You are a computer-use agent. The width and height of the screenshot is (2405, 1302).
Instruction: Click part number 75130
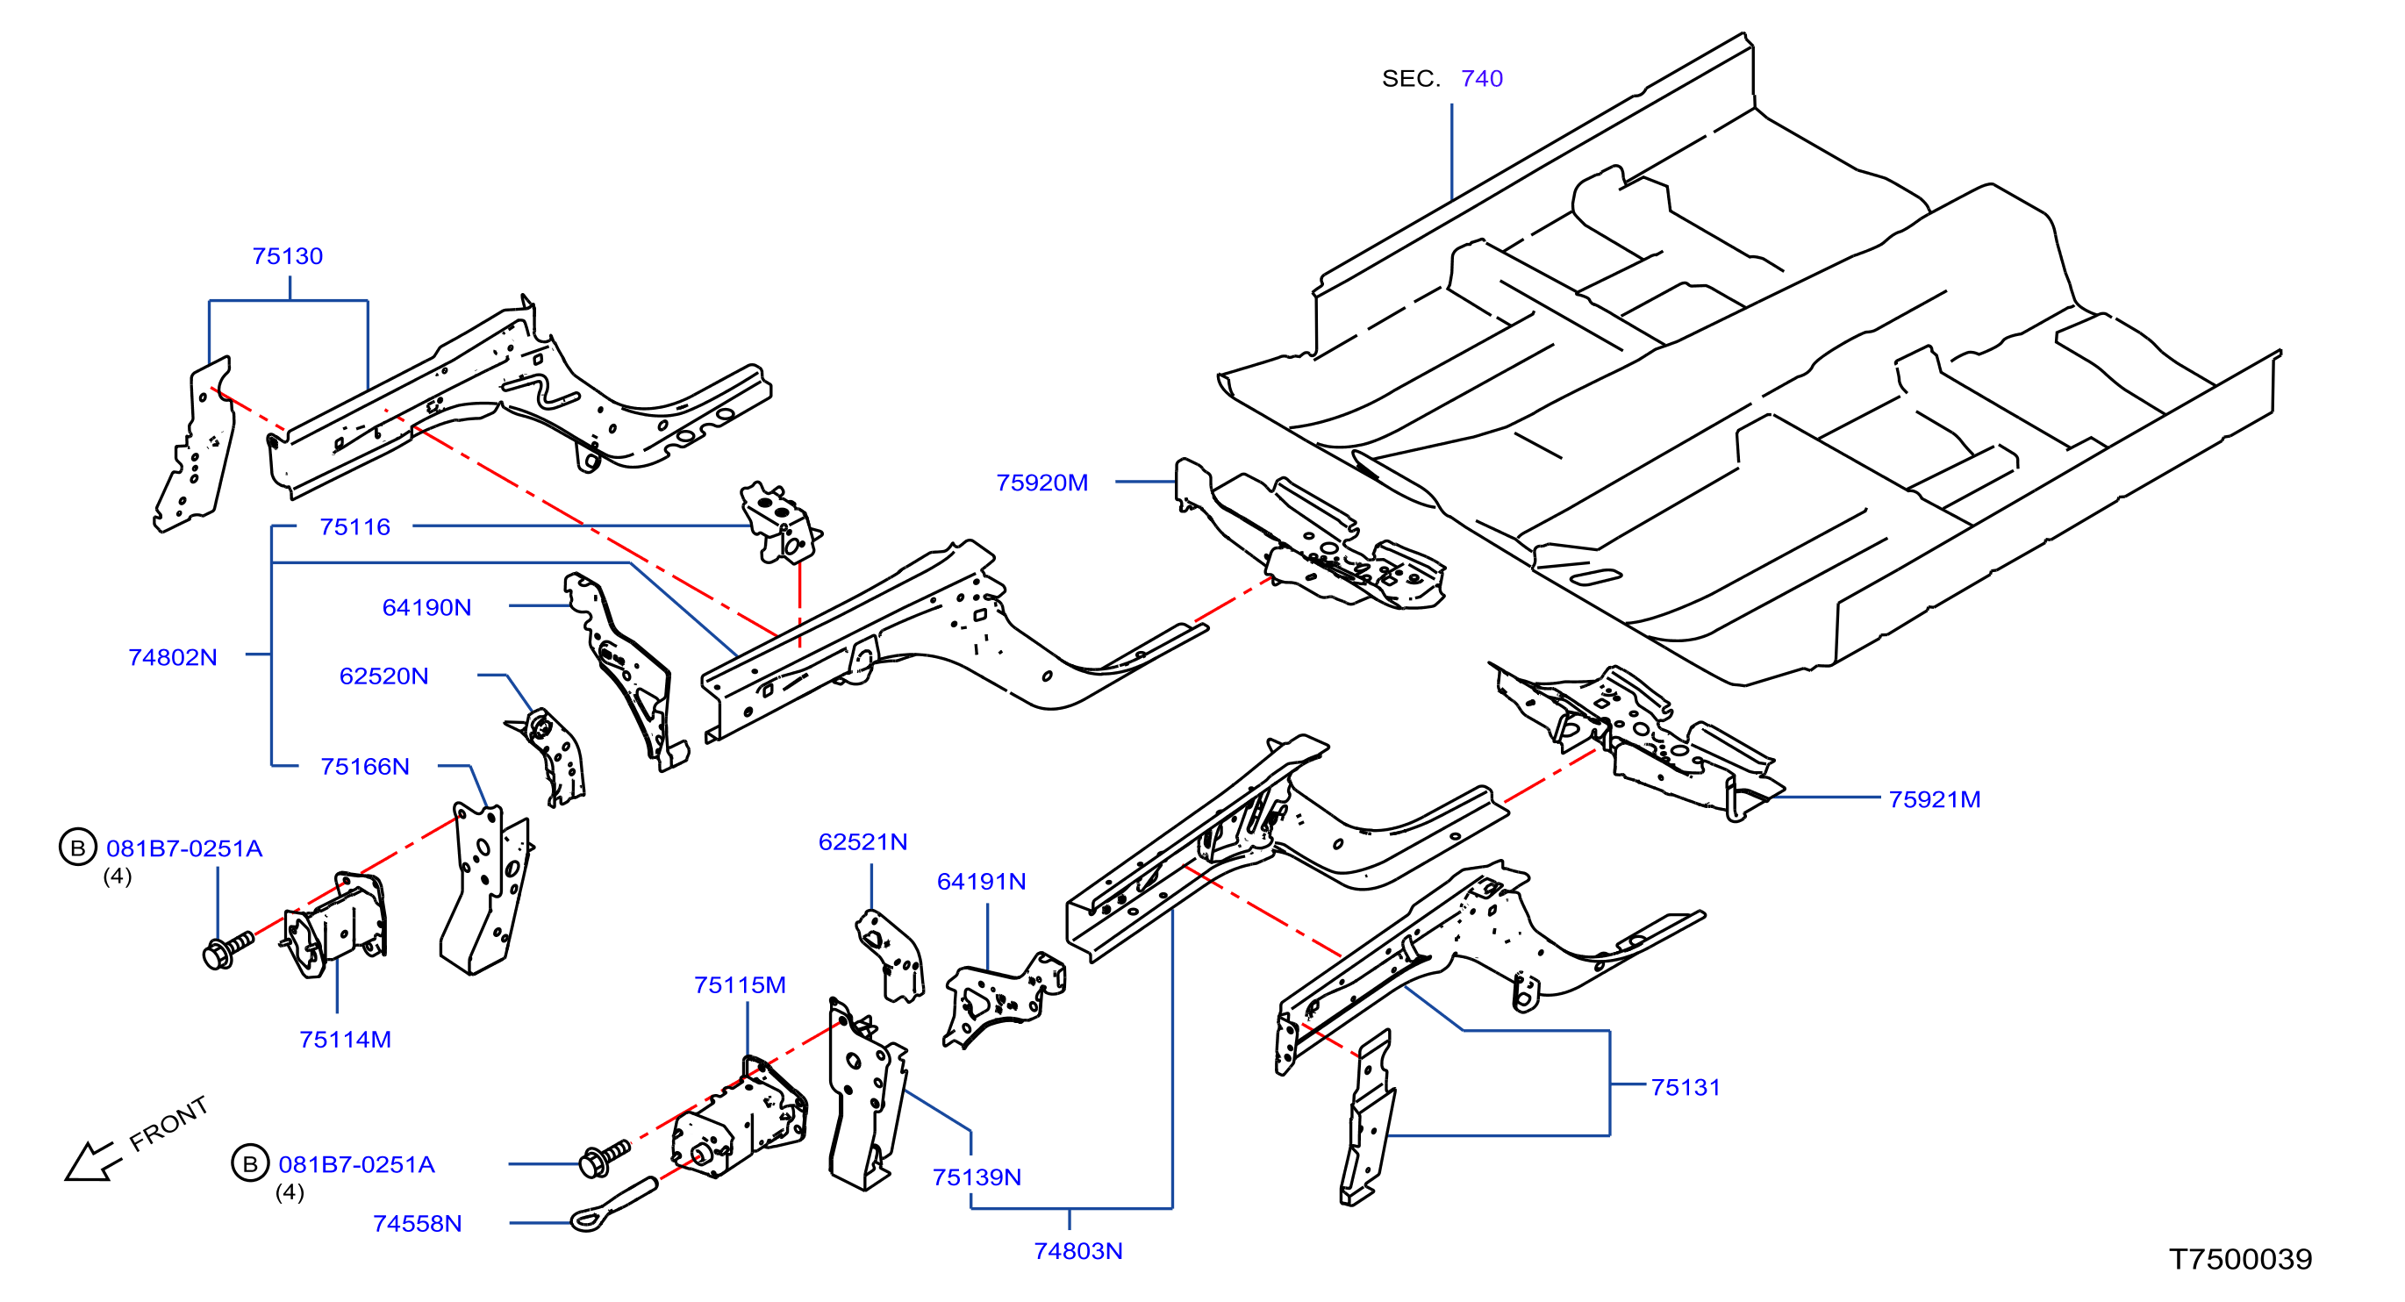pyautogui.click(x=288, y=255)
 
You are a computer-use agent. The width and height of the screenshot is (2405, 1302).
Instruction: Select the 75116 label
pyautogui.click(x=354, y=526)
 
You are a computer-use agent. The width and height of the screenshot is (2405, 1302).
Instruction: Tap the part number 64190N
pyautogui.click(x=426, y=608)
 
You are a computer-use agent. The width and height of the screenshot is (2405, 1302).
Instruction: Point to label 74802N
pyautogui.click(x=173, y=657)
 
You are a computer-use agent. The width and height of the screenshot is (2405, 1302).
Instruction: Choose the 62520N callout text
pyautogui.click(x=383, y=676)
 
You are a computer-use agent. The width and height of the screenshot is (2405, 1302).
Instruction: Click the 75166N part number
pyautogui.click(x=365, y=766)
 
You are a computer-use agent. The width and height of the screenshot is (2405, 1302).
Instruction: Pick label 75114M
pyautogui.click(x=346, y=1039)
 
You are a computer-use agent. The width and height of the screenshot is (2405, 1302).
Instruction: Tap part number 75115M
pyautogui.click(x=740, y=984)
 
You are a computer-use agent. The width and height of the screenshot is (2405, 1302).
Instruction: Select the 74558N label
pyautogui.click(x=418, y=1223)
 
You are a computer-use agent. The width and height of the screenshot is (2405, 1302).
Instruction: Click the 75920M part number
pyautogui.click(x=1041, y=483)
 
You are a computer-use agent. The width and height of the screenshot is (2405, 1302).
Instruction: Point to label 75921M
pyautogui.click(x=1935, y=799)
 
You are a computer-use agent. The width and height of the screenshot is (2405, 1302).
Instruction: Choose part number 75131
pyautogui.click(x=1686, y=1086)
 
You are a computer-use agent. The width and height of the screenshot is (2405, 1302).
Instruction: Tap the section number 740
pyautogui.click(x=1482, y=78)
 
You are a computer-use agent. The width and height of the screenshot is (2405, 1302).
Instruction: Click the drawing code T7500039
pyautogui.click(x=2240, y=1259)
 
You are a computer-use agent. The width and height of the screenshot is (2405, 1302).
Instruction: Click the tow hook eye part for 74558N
pyautogui.click(x=613, y=1205)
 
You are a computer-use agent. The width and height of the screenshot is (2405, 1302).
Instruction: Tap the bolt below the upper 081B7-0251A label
pyautogui.click(x=228, y=950)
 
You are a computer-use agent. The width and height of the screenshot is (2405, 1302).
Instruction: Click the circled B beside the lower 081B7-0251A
pyautogui.click(x=250, y=1164)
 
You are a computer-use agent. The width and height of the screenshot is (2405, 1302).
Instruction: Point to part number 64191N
pyautogui.click(x=981, y=881)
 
